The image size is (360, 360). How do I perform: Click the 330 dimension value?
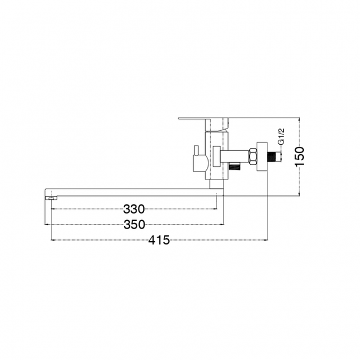coord(134,209)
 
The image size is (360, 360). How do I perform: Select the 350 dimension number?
coord(134,225)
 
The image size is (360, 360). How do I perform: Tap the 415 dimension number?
coord(159,240)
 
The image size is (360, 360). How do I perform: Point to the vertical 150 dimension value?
coord(299,157)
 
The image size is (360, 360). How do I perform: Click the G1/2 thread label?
coord(282,137)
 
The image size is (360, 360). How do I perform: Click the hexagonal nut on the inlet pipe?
coord(252,157)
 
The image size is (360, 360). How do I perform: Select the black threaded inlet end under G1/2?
coord(274,157)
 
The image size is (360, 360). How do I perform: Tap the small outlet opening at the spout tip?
coord(51,198)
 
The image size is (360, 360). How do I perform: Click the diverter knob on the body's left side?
coord(199,163)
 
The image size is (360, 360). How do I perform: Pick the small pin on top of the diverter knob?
coord(196,150)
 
